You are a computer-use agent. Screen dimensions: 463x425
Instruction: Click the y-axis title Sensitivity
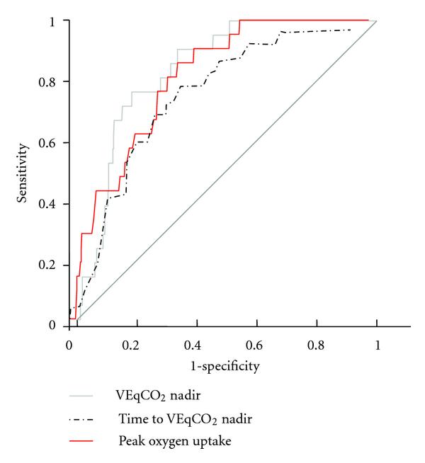(x=23, y=173)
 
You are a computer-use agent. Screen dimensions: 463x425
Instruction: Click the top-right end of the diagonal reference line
(x=377, y=21)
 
